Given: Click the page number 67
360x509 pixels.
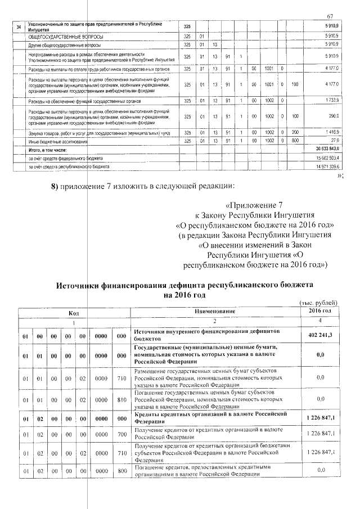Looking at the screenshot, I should [330, 16].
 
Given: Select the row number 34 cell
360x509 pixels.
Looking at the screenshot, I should [20, 27].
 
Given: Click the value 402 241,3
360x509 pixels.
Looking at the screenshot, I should [319, 335].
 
